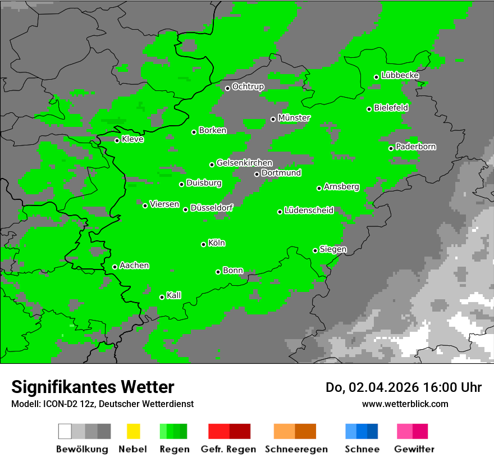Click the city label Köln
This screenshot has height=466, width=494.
pyautogui.click(x=217, y=243)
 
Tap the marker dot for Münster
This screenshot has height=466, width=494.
pyautogui.click(x=273, y=119)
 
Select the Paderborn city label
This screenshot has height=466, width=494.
pyautogui.click(x=415, y=147)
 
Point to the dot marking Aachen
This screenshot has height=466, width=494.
pyautogui.click(x=115, y=267)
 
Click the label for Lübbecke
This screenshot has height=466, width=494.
pyautogui.click(x=400, y=75)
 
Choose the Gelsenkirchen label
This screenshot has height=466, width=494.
pyautogui.click(x=244, y=163)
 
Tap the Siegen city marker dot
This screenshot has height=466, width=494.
pyautogui.click(x=315, y=250)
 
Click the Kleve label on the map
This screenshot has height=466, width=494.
pyautogui.click(x=132, y=139)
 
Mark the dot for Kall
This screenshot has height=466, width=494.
pyautogui.click(x=162, y=297)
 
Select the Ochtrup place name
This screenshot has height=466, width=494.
pyautogui.click(x=248, y=86)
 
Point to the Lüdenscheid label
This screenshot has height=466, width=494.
pyautogui.click(x=309, y=211)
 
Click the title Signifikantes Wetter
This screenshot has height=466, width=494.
pyautogui.click(x=93, y=387)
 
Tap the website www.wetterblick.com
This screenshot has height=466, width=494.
pyautogui.click(x=405, y=404)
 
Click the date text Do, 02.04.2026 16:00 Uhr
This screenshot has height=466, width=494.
pyautogui.click(x=403, y=387)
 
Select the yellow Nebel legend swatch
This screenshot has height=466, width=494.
pyautogui.click(x=133, y=431)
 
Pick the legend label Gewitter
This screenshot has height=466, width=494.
pyautogui.click(x=414, y=449)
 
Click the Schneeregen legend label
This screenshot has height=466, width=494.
pyautogui.click(x=296, y=449)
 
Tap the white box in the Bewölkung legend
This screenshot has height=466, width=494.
pyautogui.click(x=65, y=431)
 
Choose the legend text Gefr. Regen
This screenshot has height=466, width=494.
pyautogui.click(x=228, y=449)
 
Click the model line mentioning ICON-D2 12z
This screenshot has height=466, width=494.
pyautogui.click(x=102, y=404)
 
